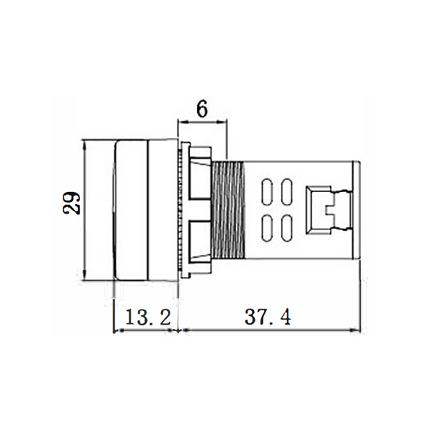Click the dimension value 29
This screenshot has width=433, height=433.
point(71,203)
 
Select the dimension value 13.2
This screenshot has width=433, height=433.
point(148,317)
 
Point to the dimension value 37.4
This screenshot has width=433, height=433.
point(268,317)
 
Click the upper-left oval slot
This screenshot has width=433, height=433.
point(267,192)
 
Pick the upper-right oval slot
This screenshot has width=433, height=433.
point(287,192)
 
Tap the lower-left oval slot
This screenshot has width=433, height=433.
point(267,227)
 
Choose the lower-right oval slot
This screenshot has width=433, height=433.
point(287,227)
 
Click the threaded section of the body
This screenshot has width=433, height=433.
point(228,210)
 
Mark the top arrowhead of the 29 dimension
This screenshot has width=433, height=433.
point(85,145)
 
